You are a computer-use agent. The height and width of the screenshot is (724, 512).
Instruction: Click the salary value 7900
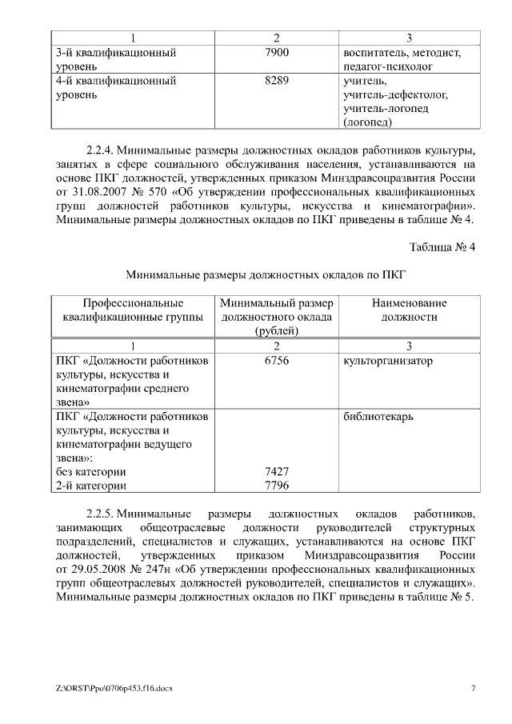point(276,52)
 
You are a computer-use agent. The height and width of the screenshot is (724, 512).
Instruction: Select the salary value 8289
point(276,81)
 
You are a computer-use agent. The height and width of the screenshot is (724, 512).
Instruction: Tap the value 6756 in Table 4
point(276,361)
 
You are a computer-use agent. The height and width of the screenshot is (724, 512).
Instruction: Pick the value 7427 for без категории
point(276,472)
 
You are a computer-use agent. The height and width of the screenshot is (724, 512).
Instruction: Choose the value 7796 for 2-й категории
point(276,486)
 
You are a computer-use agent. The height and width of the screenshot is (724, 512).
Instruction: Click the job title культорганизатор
point(387,361)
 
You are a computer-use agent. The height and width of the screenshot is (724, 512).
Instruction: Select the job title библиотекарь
point(379,417)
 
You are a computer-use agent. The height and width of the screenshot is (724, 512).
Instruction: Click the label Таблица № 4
point(442,246)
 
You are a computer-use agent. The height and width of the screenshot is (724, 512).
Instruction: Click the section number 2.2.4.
point(102,150)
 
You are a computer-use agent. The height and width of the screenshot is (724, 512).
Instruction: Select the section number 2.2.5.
point(102,512)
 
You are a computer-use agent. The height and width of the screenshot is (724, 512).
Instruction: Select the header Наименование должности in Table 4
point(409,310)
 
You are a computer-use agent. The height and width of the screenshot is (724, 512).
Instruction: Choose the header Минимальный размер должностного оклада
point(276,317)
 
